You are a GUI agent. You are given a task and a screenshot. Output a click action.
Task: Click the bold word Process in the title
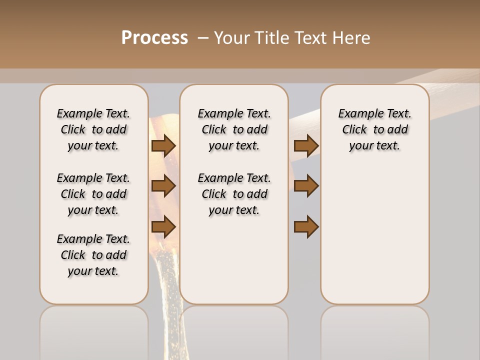pyautogui.click(x=154, y=37)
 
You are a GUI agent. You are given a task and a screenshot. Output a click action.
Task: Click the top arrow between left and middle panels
pyautogui.click(x=163, y=145)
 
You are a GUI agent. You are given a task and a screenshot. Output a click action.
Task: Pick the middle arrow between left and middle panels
pyautogui.click(x=163, y=186)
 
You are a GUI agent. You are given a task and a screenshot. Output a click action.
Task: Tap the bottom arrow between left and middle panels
pyautogui.click(x=163, y=227)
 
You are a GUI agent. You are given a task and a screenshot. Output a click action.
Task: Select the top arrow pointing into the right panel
pyautogui.click(x=306, y=145)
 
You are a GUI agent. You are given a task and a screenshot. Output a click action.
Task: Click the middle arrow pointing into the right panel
pyautogui.click(x=306, y=186)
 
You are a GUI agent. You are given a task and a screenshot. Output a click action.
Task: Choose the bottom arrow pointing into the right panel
pyautogui.click(x=306, y=227)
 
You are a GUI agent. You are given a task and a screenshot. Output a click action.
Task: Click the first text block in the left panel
pyautogui.click(x=93, y=129)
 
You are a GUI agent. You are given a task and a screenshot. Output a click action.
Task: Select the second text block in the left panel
pyautogui.click(x=93, y=194)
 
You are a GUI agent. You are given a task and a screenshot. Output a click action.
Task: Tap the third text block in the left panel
pyautogui.click(x=93, y=255)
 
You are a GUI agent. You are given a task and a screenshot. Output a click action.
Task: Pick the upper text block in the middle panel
pyautogui.click(x=234, y=129)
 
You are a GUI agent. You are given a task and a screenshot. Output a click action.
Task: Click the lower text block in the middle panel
pyautogui.click(x=234, y=194)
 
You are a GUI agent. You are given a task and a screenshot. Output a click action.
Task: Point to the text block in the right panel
pyautogui.click(x=375, y=129)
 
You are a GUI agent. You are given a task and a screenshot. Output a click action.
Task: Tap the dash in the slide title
pyautogui.click(x=203, y=37)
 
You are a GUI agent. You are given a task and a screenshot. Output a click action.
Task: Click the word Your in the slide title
pyautogui.click(x=231, y=37)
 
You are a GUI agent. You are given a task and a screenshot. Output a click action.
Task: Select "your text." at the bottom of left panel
pyautogui.click(x=93, y=271)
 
